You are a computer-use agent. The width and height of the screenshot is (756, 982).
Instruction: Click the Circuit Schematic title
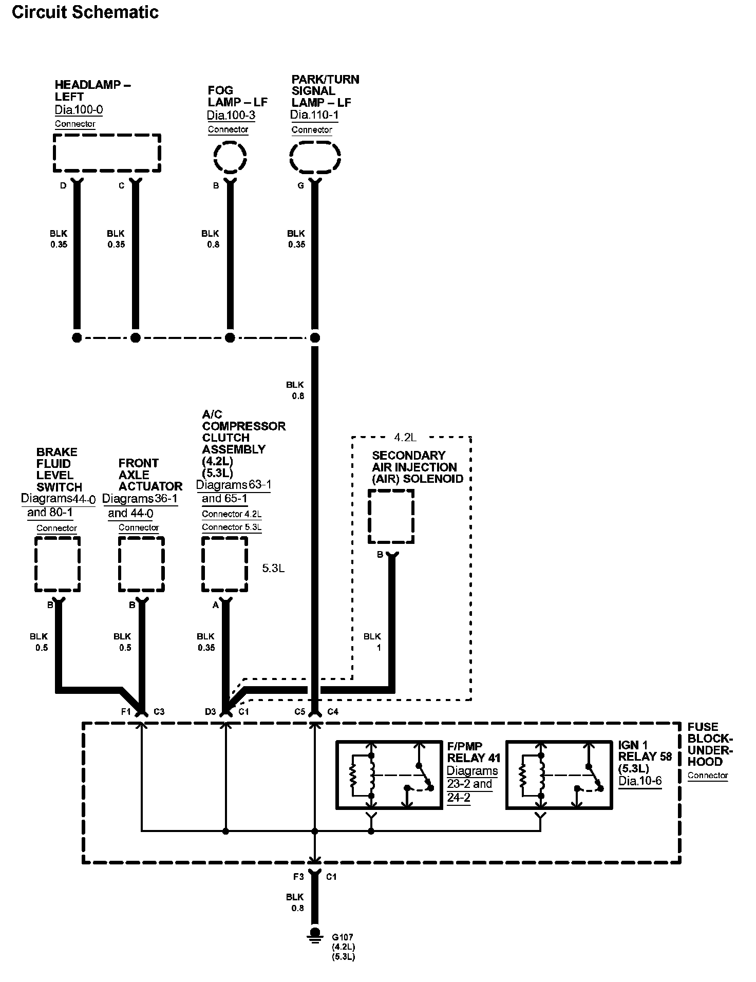click(x=85, y=12)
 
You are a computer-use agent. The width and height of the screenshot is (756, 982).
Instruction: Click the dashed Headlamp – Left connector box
click(x=107, y=136)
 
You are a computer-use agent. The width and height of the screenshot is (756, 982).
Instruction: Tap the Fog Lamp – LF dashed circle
click(x=230, y=143)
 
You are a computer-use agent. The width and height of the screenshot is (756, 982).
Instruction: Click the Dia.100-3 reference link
click(x=231, y=116)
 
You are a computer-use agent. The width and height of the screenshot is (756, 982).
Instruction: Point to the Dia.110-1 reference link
click(x=314, y=115)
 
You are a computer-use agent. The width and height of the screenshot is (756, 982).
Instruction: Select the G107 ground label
click(x=342, y=937)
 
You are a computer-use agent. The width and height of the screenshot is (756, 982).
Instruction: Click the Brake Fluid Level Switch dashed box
click(x=58, y=538)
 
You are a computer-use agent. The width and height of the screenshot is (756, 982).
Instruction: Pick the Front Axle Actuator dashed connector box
click(x=141, y=538)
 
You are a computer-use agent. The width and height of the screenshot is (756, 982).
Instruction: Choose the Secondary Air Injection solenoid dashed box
click(x=391, y=491)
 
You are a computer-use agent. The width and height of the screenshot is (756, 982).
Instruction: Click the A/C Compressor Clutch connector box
click(x=224, y=538)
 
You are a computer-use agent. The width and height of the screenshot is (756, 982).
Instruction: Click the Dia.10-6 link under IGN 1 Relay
click(x=640, y=781)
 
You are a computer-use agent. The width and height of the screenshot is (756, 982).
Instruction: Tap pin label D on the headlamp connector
click(x=63, y=185)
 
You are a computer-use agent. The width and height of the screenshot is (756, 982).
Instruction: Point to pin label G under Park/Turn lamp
click(x=300, y=185)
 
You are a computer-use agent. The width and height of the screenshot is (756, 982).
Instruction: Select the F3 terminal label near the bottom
click(x=298, y=877)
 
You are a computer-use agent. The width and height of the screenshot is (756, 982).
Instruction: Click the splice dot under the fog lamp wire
click(x=230, y=337)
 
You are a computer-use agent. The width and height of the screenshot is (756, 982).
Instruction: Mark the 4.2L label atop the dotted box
click(x=405, y=438)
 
